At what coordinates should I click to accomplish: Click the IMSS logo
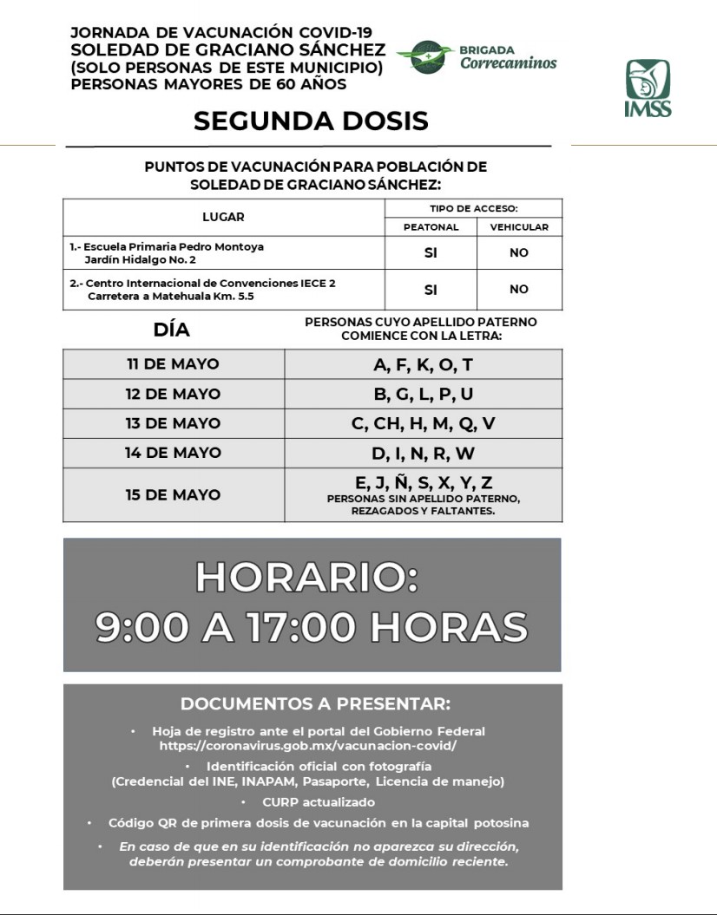[x=648, y=87]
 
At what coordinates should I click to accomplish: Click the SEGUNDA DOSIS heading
[x=311, y=121]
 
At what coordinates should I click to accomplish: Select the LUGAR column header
[x=223, y=217]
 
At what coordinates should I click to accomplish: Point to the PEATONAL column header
[x=431, y=227]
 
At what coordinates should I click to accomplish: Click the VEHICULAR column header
[x=519, y=227]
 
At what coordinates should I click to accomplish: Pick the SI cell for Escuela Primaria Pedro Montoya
[x=431, y=252]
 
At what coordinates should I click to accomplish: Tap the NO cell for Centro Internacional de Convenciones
[x=519, y=289]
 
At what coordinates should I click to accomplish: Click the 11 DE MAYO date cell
[x=174, y=364]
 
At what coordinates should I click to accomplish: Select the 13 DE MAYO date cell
[x=174, y=423]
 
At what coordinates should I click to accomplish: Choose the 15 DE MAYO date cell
[x=174, y=494]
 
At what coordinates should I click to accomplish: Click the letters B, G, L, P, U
[x=424, y=394]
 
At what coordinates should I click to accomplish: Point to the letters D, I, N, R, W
[x=424, y=453]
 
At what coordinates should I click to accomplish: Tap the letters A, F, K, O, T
[x=424, y=364]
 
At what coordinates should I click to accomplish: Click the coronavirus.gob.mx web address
[x=307, y=745]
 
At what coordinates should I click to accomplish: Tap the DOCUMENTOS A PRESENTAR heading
[x=315, y=703]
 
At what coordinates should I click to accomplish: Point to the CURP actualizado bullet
[x=319, y=802]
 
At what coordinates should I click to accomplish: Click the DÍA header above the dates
[x=171, y=330]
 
